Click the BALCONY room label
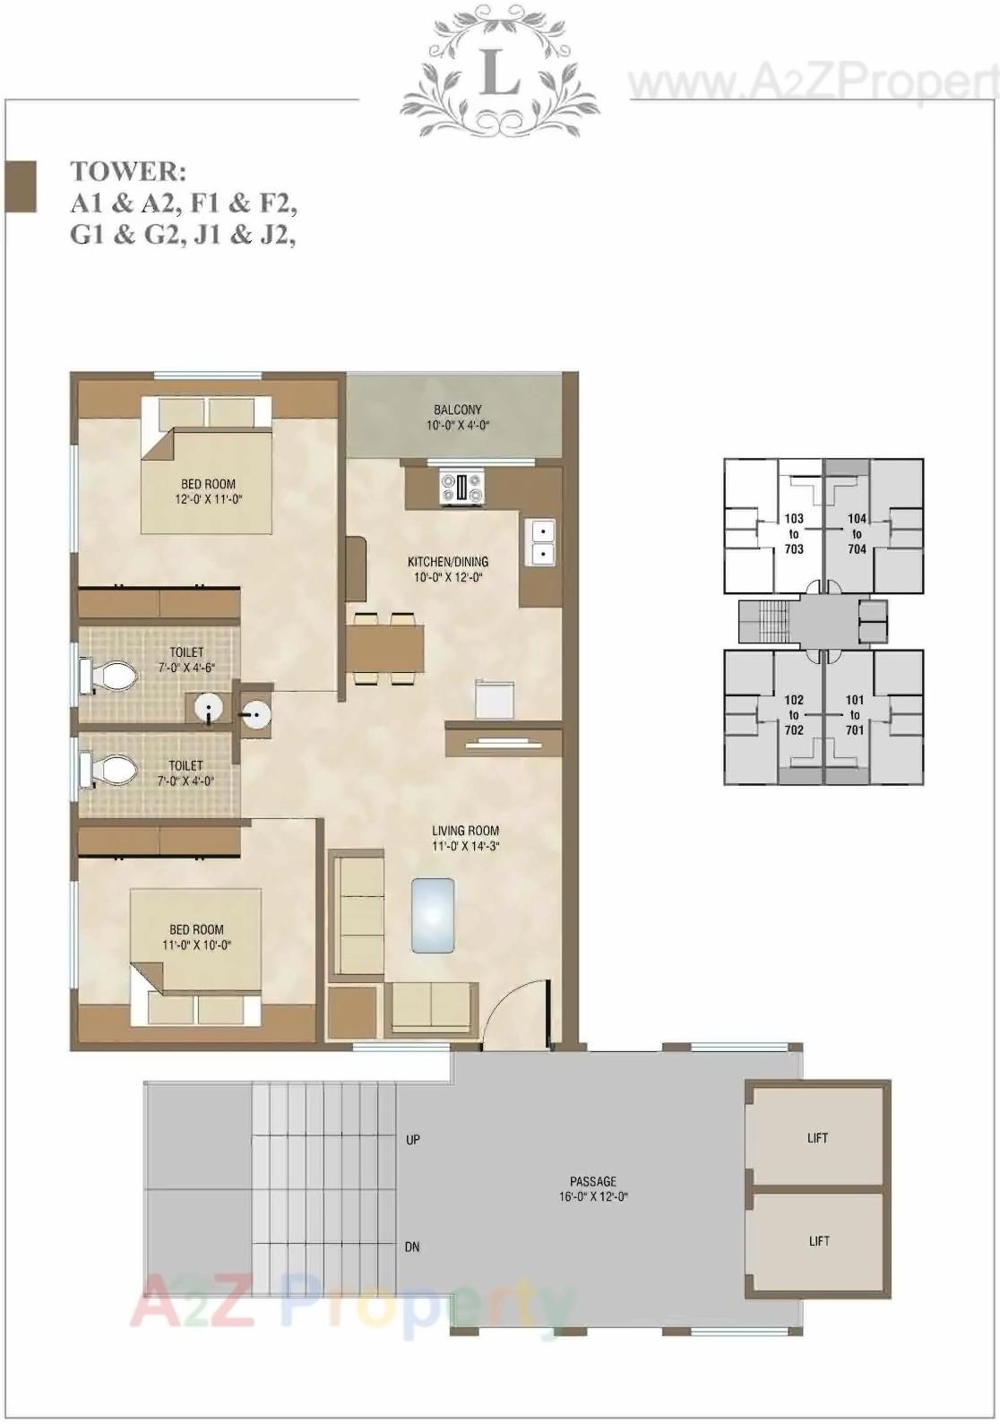point(457,410)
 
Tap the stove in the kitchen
point(461,488)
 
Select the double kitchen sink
point(541,542)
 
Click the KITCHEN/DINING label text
point(448,562)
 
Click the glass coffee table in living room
point(432,915)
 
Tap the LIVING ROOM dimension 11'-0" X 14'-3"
point(465,846)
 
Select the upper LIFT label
point(817,1138)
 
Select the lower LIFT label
point(819,1241)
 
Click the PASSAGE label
point(593,1181)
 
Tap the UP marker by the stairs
point(413,1140)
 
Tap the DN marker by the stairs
point(412,1247)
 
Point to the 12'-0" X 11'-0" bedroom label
point(208,491)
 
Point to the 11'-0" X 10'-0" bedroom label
point(197,936)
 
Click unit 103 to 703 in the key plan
point(793,533)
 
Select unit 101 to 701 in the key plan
point(855,714)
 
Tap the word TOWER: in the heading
point(128,171)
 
